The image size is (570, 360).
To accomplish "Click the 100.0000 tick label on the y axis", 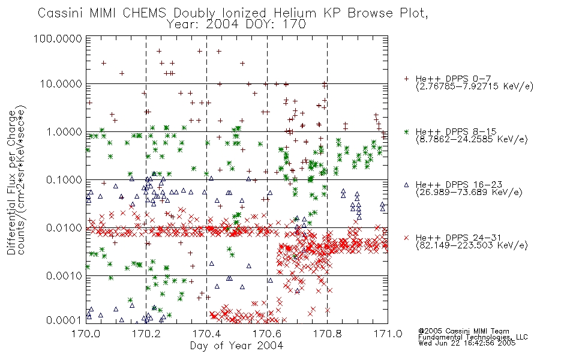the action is tap(58, 38).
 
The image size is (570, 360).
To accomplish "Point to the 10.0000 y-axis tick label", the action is tap(61, 84).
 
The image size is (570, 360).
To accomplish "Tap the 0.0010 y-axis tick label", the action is tap(64, 276).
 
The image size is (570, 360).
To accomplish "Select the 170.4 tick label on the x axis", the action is tap(206, 334).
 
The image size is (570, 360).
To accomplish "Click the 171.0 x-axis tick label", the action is tap(388, 334).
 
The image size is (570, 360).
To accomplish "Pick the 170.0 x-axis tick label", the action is tap(86, 334).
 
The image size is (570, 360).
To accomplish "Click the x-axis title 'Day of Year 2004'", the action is tap(236, 346).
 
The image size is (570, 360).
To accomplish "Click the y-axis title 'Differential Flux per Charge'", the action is tap(11, 182).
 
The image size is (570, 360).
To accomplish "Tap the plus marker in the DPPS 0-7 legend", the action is tap(406, 79).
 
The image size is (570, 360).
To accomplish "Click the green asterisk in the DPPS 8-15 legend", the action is tap(406, 131).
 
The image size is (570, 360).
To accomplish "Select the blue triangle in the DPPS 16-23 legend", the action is tap(406, 185).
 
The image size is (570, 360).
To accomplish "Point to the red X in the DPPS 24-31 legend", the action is tap(406, 238).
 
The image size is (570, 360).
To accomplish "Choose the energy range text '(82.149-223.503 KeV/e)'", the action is tap(472, 245).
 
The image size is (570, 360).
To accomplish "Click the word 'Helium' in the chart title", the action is tap(295, 13).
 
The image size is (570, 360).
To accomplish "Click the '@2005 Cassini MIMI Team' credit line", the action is tap(463, 331).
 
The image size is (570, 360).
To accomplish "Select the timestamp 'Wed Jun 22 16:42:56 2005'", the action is tap(467, 343).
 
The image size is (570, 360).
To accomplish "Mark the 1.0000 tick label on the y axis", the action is tap(64, 132).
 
